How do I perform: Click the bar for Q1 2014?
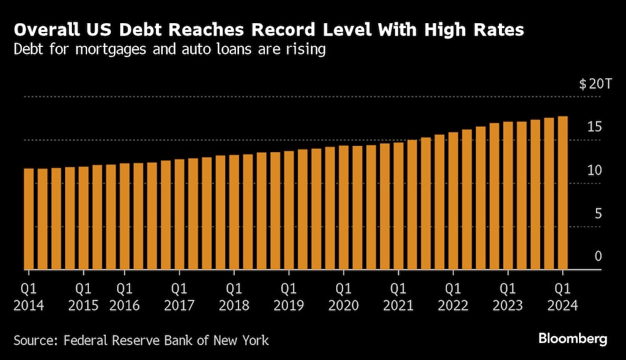(x=29, y=219)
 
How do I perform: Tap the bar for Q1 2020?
(x=344, y=208)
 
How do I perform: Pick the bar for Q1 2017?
(x=180, y=214)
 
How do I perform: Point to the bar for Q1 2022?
(x=453, y=201)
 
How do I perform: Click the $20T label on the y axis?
(x=591, y=85)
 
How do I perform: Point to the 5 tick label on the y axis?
(x=598, y=214)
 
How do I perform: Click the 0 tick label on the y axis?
(x=598, y=256)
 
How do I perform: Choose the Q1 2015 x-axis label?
(x=84, y=297)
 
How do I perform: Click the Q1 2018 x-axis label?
(x=234, y=297)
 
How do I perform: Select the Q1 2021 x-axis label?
(x=398, y=297)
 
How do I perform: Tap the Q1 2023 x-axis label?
(x=508, y=297)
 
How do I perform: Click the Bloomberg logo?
(x=573, y=339)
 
